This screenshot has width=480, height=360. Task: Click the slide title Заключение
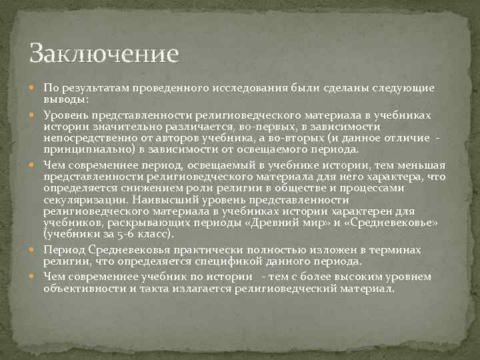[x=104, y=53]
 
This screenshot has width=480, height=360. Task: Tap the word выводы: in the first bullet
[x=66, y=98]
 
